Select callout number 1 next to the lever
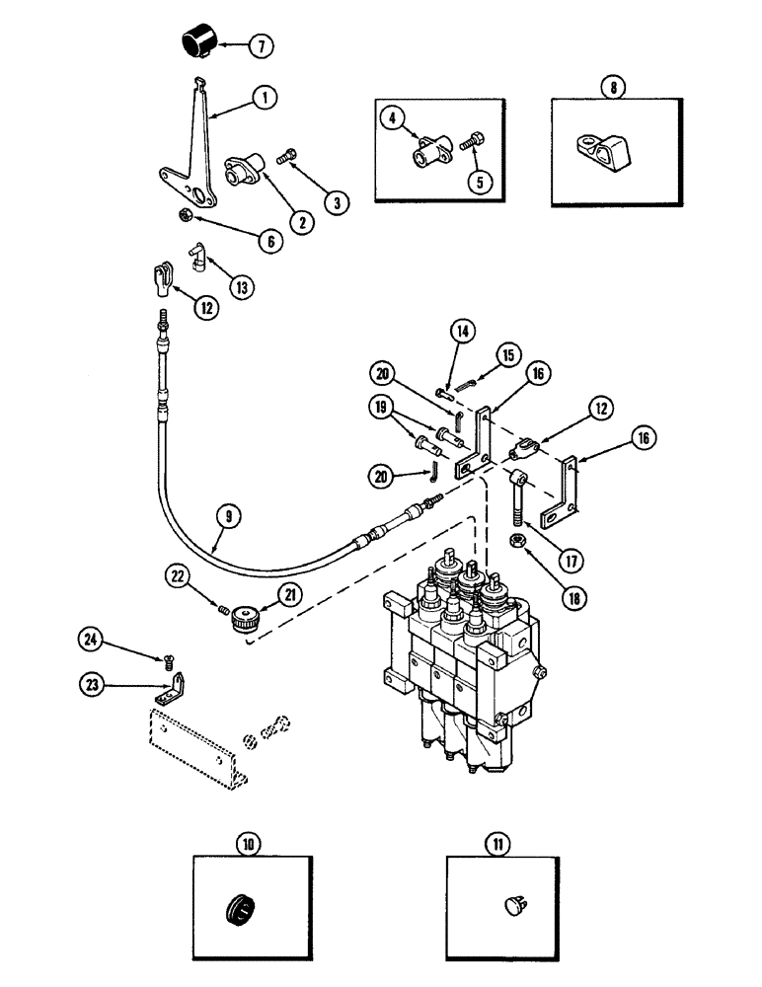[x=264, y=98]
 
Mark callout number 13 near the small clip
[x=238, y=287]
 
